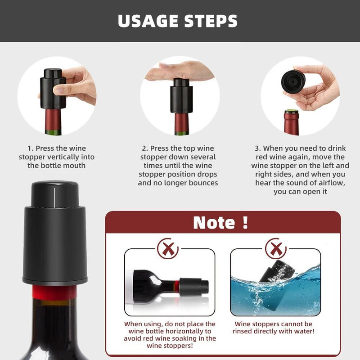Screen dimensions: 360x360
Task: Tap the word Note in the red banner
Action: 214,222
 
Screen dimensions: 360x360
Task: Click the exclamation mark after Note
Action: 245,222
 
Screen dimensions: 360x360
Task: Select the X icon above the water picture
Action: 275,248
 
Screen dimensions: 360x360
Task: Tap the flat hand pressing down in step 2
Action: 180,71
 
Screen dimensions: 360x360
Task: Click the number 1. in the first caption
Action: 30,148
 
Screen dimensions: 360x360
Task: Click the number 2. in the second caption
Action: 144,148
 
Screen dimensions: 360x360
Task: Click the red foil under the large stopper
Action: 54,293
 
